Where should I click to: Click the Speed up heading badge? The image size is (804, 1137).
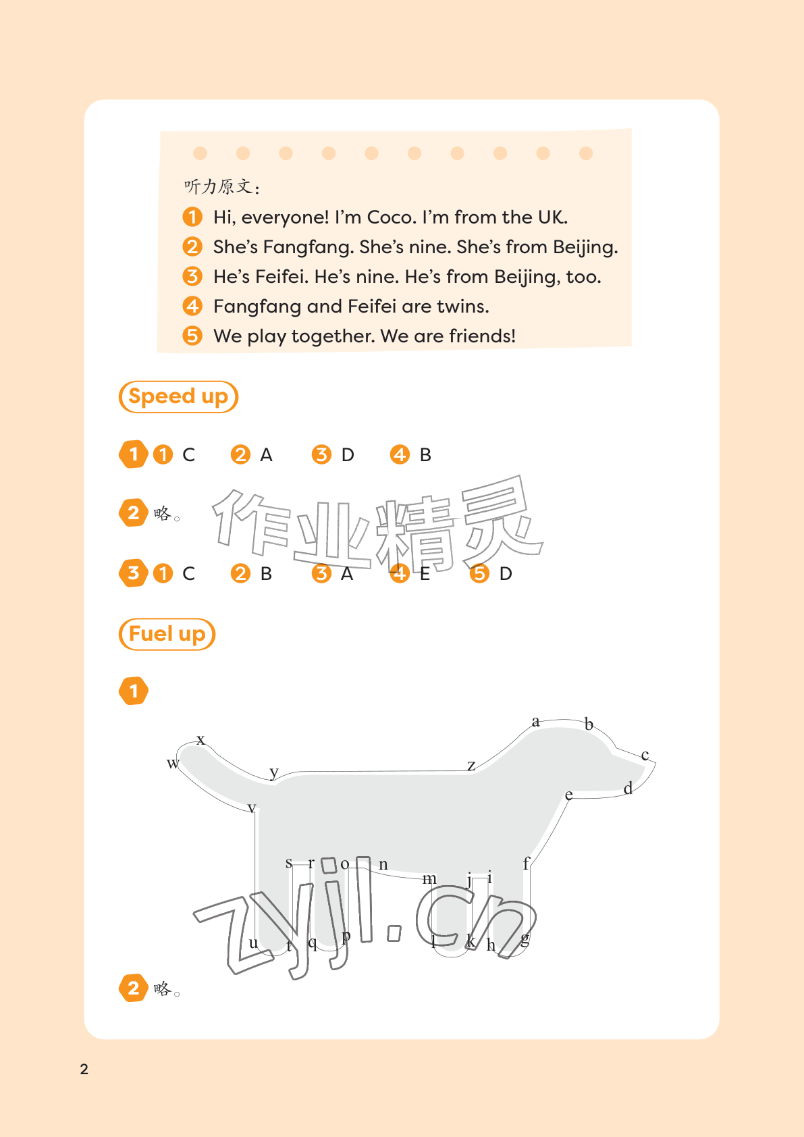pos(178,396)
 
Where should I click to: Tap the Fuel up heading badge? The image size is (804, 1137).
pos(167,634)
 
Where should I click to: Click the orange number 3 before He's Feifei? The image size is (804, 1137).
pos(192,277)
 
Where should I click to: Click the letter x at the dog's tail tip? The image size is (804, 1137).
pos(201,739)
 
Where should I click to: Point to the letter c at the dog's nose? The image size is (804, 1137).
pos(645,756)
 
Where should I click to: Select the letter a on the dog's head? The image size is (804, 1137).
pos(535,721)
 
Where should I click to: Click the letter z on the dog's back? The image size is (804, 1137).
pos(472,766)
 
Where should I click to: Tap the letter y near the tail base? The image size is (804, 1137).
pos(274,772)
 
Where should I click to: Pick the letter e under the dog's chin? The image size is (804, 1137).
pos(568,795)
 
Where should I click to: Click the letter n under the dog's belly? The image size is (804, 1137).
pos(383,864)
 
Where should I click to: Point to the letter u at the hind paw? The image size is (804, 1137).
pos(253,943)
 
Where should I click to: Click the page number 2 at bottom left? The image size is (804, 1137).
pos(84,1069)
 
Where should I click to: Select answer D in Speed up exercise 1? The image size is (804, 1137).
pos(348,455)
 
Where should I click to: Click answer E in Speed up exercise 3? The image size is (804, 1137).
pos(425,574)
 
